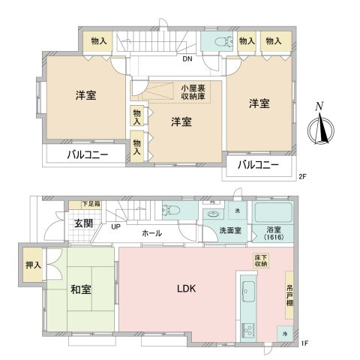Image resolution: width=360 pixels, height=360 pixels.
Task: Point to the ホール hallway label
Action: coord(152,233)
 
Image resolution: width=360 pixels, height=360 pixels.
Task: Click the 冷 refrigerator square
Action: coord(283,332)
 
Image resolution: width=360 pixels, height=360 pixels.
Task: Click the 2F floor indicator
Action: coord(302,178)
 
